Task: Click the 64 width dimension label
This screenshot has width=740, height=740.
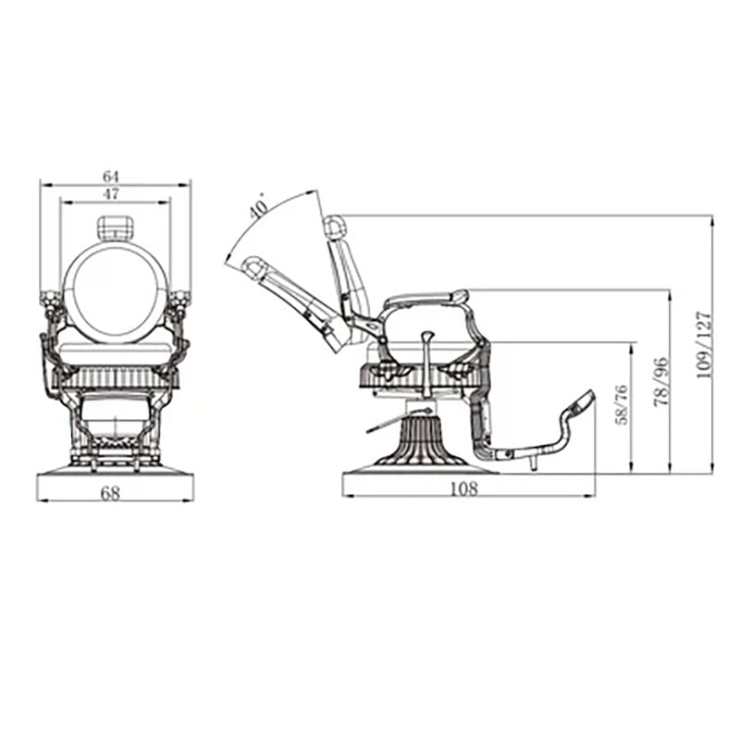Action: tap(112, 175)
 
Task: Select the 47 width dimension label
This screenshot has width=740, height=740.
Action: tap(112, 193)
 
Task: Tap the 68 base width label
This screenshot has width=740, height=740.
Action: tap(111, 492)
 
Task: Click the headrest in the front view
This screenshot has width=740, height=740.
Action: tap(116, 227)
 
